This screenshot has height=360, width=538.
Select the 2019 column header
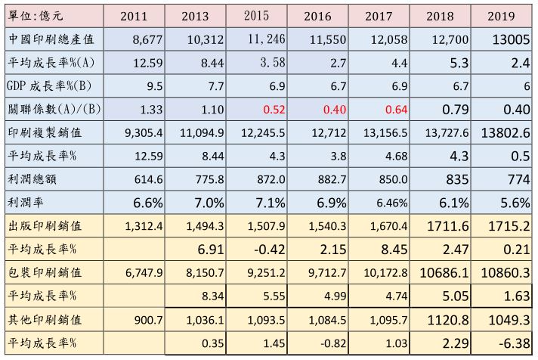click(500, 14)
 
